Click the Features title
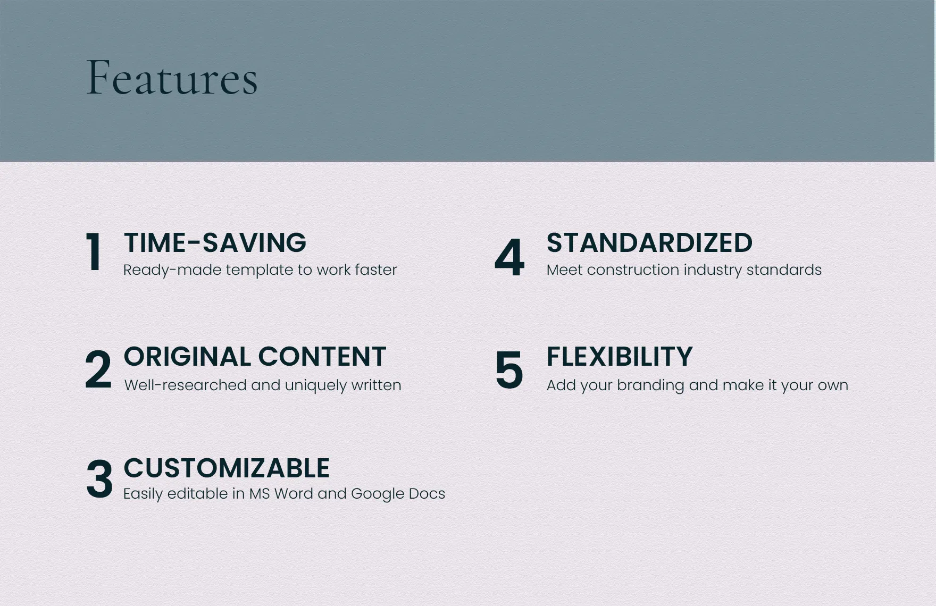point(172,78)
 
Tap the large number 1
point(94,252)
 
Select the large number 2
point(98,369)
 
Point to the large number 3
point(99,479)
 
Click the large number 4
point(509,257)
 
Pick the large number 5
point(509,369)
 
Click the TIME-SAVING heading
point(215,242)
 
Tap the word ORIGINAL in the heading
point(187,356)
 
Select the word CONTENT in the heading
point(322,356)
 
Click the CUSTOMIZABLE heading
point(227,468)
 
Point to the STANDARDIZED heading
point(649,242)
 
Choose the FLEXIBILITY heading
point(620,356)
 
